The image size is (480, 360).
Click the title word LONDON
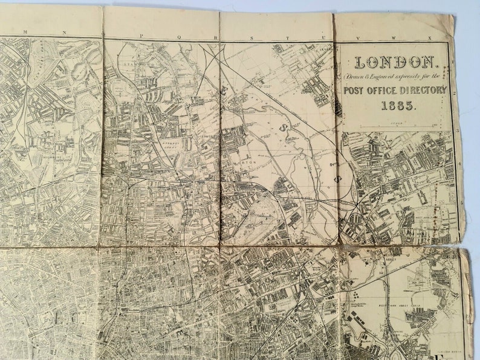(x=395, y=62)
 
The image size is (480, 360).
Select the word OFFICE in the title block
(x=388, y=90)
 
